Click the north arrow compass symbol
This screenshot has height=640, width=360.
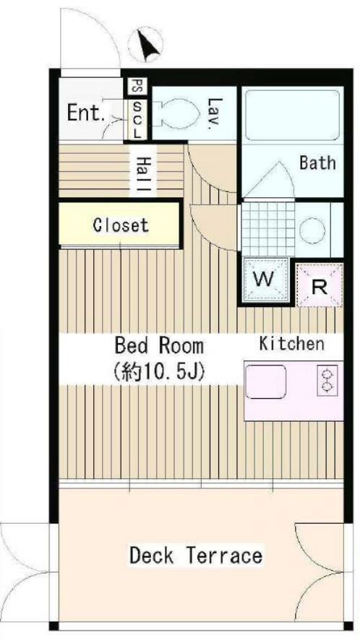[x=145, y=45]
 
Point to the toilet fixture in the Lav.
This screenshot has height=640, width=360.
[x=176, y=113]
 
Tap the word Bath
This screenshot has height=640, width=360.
[x=317, y=163]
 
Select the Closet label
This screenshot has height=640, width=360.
[x=121, y=225]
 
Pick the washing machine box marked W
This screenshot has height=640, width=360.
[x=265, y=280]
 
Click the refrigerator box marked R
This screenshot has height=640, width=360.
[x=320, y=285]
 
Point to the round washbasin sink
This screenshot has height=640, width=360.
[x=312, y=230]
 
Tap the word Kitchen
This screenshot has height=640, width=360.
[x=292, y=344]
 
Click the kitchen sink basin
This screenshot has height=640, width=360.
[x=265, y=382]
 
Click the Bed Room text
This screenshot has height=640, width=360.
[x=158, y=346]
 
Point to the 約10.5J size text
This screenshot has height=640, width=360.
[x=159, y=371]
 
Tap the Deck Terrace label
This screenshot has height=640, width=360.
[x=196, y=555]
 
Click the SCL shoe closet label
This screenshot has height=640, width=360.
[x=137, y=120]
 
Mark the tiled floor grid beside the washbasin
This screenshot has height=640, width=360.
[x=268, y=230]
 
